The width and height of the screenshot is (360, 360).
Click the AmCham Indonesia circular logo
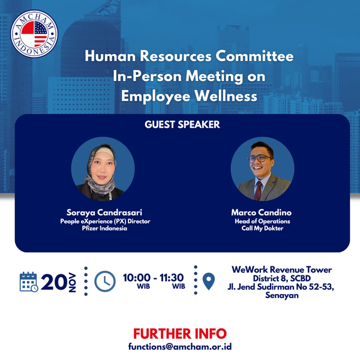[34, 34]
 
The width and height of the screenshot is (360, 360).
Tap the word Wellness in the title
[226, 96]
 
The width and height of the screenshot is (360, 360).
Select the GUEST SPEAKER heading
[182, 124]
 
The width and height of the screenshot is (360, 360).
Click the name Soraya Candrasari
[104, 212]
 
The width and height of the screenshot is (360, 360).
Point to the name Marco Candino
[261, 212]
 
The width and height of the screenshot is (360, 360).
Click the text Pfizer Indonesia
[104, 228]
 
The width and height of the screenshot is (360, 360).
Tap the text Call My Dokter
[262, 228]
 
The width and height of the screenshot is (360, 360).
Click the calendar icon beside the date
[29, 282]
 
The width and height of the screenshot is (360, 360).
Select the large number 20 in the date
[54, 282]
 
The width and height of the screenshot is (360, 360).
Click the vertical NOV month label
[73, 283]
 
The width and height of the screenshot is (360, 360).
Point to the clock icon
[105, 281]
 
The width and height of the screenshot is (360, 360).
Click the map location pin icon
[209, 281]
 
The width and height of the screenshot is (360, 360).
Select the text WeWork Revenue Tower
[282, 269]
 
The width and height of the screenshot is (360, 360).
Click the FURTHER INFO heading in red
[180, 334]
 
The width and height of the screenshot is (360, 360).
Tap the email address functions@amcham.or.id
[180, 346]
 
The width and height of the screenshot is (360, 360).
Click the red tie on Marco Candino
[258, 191]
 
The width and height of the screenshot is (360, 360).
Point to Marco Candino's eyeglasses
[259, 158]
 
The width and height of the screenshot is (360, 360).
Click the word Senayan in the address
[282, 295]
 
